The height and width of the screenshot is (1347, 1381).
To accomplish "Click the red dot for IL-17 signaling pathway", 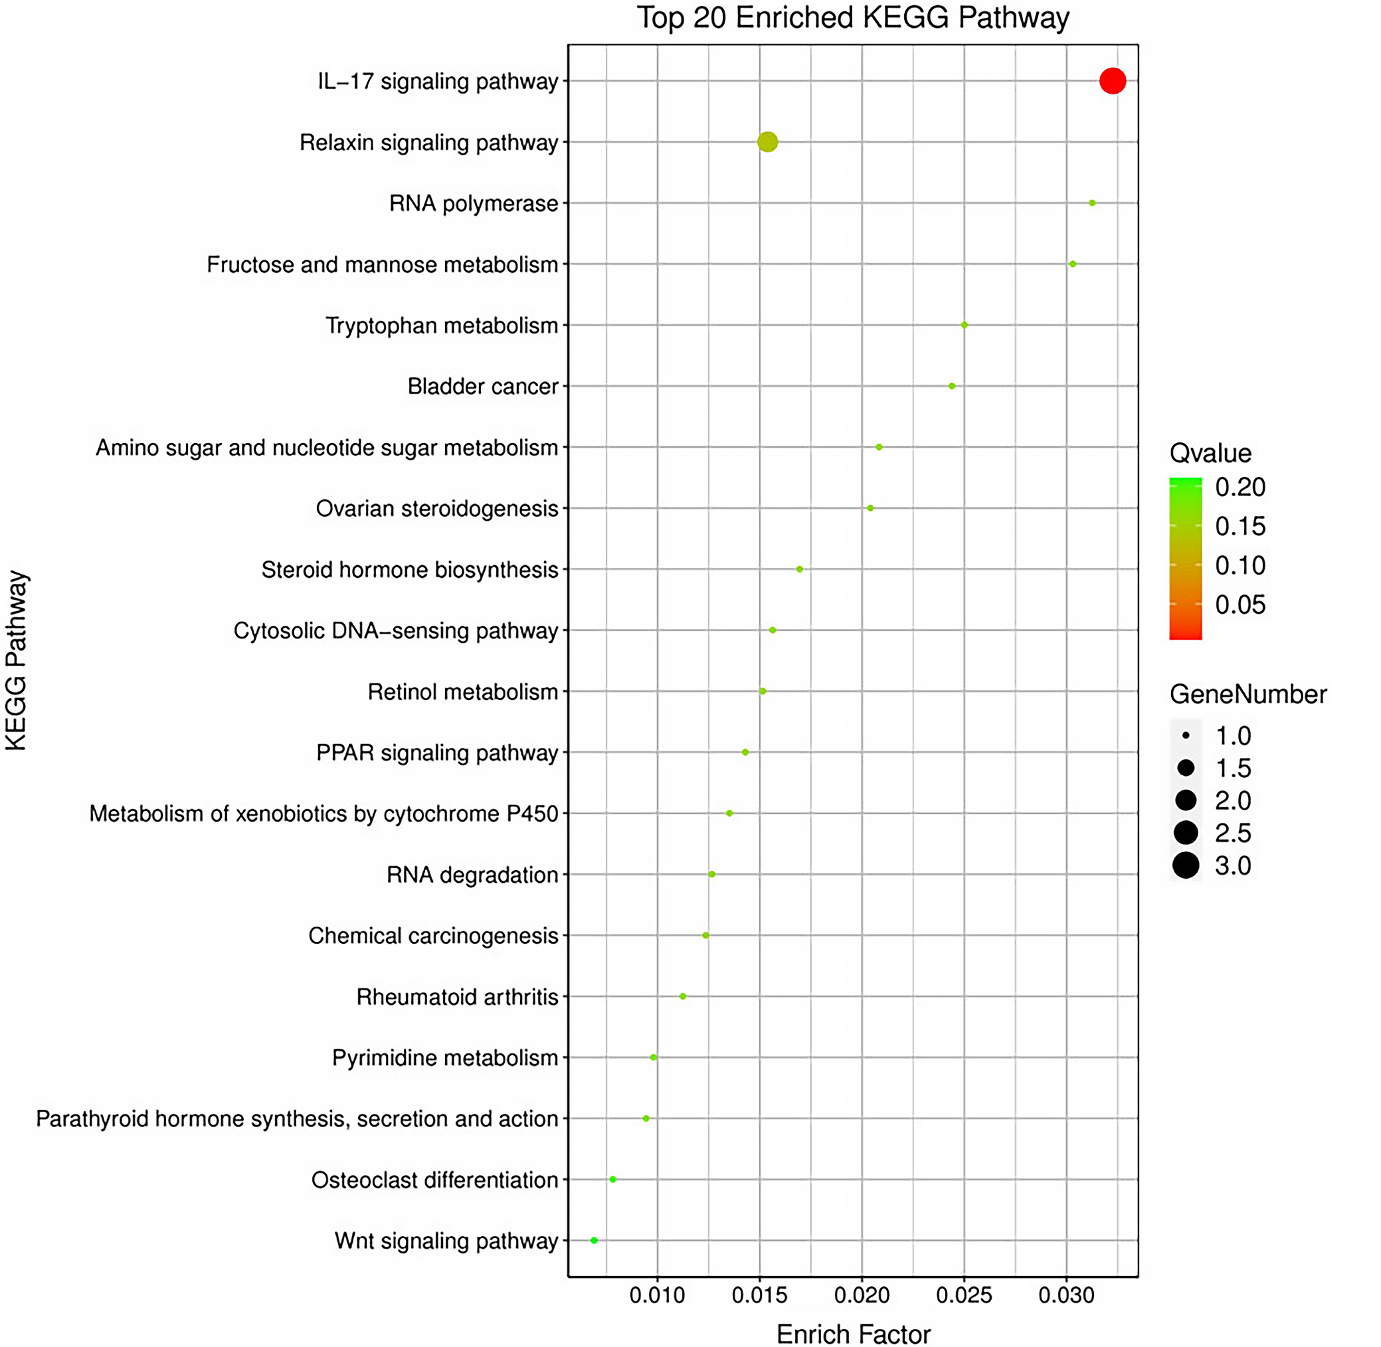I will coord(1112,80).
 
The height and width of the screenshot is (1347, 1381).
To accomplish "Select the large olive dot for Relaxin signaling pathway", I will coord(768,142).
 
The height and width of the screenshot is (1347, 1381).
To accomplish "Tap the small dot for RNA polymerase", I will coord(1092,203).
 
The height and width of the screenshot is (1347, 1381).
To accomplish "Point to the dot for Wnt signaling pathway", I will coord(595,1240).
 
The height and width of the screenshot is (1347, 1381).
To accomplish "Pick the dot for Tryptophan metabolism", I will coord(965,325).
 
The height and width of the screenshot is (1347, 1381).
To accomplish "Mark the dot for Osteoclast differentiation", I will coord(612,1180).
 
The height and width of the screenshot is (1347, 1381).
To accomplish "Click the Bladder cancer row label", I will coord(482,387).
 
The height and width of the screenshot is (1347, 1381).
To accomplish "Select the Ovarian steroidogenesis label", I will coord(436,509).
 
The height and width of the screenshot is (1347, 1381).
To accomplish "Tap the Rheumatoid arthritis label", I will coord(457,997).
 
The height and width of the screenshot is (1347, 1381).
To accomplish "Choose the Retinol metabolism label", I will coord(463,692).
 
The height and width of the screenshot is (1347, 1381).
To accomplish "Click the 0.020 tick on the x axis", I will coord(862,1295).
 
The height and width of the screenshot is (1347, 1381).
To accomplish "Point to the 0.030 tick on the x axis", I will coord(1066,1295).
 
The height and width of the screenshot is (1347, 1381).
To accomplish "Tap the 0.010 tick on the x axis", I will coord(657,1295).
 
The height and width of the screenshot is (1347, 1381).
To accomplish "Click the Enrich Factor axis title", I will coord(853,1334).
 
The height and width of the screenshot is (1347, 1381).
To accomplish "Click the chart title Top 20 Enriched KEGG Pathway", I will coord(852,18).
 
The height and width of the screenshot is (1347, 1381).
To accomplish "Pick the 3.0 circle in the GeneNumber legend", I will coord(1186,865).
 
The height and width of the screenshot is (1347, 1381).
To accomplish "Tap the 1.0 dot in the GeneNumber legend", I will coord(1186,736).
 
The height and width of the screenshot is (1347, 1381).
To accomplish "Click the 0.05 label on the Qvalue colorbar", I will coord(1240,605).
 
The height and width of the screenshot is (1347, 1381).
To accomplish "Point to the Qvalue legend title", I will coord(1210,453).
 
